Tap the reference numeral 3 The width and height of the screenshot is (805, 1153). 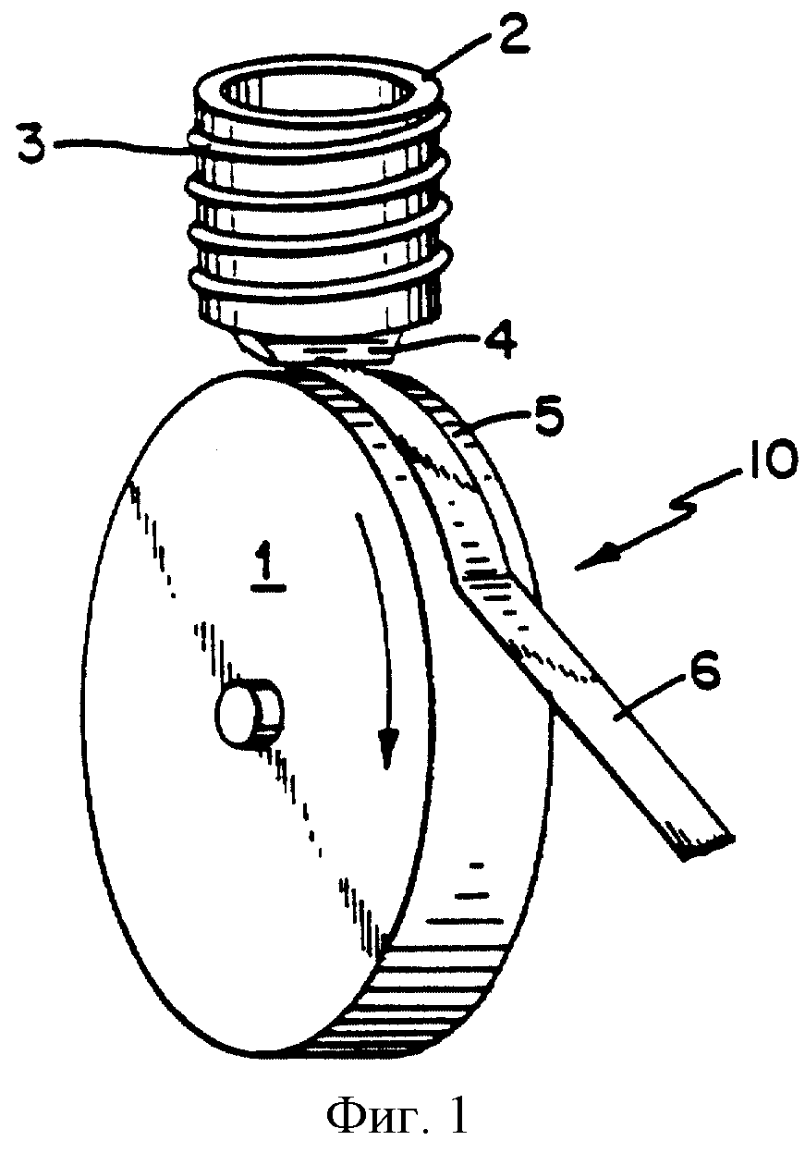(33, 143)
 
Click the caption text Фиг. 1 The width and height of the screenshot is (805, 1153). (400, 1115)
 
